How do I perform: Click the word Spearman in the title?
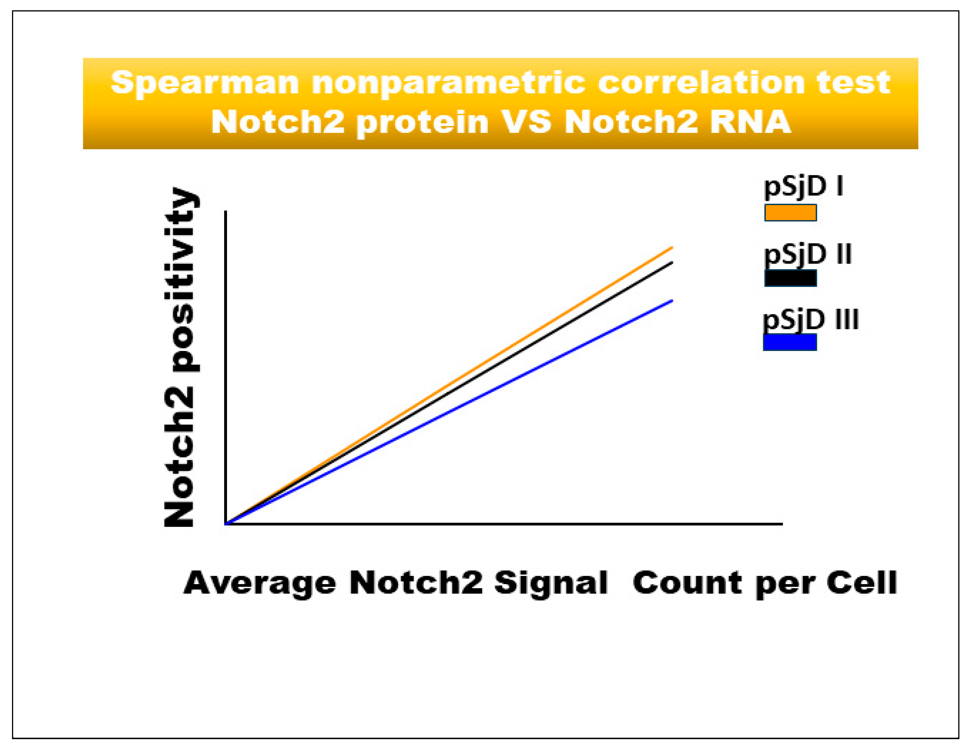[x=205, y=83]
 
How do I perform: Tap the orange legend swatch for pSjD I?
[x=790, y=213]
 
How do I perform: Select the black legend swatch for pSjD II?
[x=790, y=278]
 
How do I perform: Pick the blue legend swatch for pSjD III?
[x=789, y=342]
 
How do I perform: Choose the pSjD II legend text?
[x=808, y=255]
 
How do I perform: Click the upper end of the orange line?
[x=672, y=247]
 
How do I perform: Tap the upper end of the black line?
[x=672, y=263]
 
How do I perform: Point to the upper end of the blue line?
[x=672, y=301]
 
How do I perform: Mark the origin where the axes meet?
[x=226, y=524]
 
